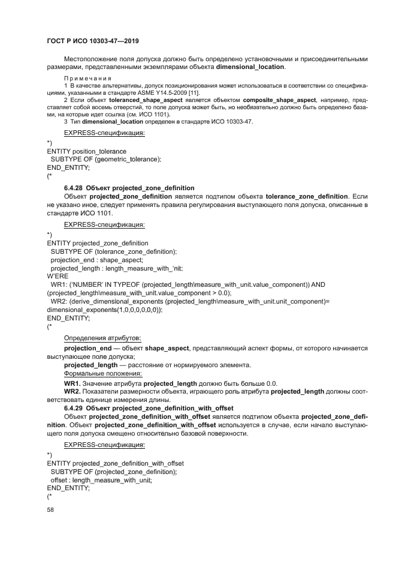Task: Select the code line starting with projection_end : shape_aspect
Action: (x=96, y=260)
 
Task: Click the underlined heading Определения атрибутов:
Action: (x=102, y=338)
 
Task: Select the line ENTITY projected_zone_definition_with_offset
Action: (x=115, y=463)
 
